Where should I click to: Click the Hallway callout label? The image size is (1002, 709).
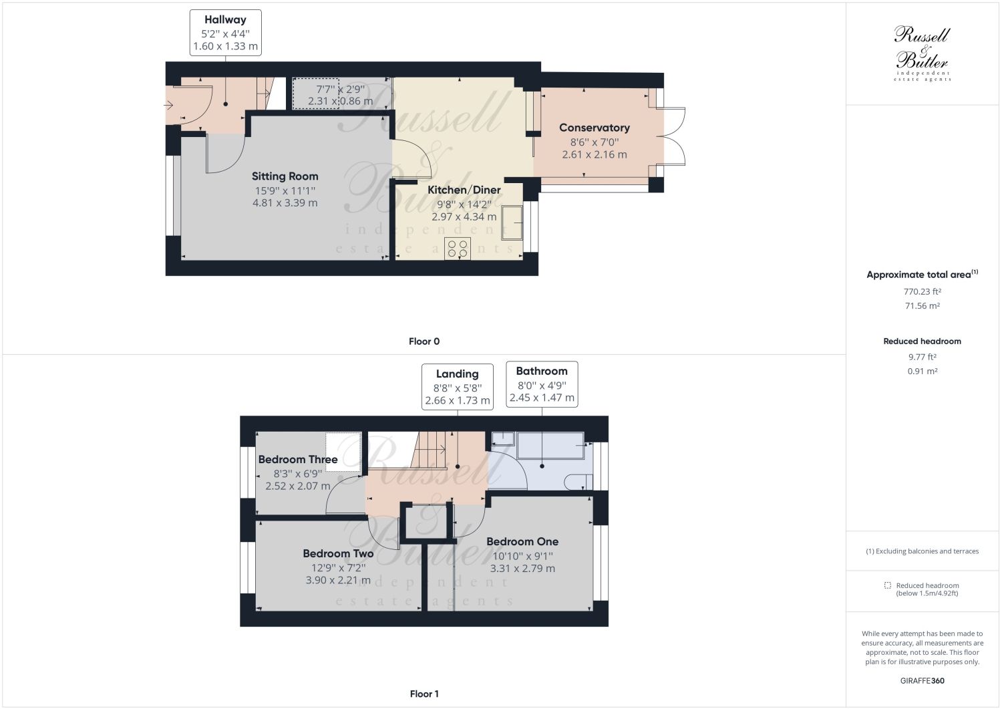(225, 20)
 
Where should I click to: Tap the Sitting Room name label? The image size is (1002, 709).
(285, 176)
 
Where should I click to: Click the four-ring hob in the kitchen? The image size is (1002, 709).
(458, 249)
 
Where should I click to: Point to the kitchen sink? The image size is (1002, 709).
(512, 223)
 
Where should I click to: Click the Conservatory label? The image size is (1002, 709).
(594, 128)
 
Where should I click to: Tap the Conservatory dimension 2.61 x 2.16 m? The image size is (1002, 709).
(594, 154)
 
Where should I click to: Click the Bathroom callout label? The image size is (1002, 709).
(541, 372)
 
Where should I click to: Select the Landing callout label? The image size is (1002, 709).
(457, 374)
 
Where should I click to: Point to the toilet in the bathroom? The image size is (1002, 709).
(577, 482)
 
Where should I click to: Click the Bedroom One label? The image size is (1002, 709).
(522, 542)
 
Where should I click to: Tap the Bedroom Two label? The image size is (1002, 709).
(338, 554)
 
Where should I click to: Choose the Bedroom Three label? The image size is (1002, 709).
(298, 460)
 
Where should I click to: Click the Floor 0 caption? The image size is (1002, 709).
(424, 341)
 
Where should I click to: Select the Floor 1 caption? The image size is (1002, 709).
(424, 694)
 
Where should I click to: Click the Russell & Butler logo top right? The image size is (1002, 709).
(923, 53)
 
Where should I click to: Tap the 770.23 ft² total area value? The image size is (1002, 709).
(922, 291)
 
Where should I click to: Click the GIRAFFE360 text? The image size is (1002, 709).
(922, 681)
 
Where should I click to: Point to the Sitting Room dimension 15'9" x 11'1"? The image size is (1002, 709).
(285, 190)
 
